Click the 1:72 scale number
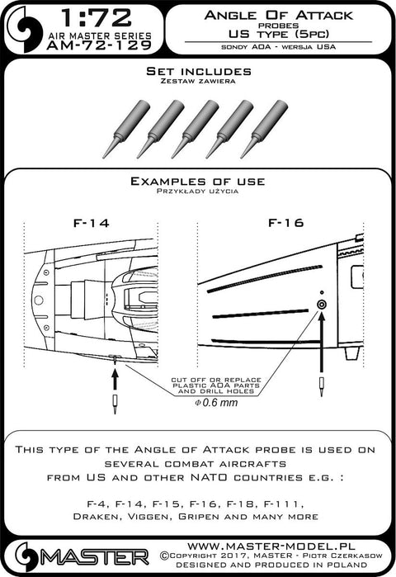[x=96, y=17]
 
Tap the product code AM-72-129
[x=99, y=45]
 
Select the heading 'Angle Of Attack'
[x=278, y=16]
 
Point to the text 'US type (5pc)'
[x=278, y=35]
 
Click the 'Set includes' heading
[x=199, y=71]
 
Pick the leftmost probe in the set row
[x=126, y=129]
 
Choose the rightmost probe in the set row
[x=264, y=129]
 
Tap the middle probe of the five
[x=196, y=129]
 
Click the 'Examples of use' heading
[x=197, y=182]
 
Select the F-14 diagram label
[x=92, y=224]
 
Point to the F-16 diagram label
[x=285, y=223]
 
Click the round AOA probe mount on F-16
[x=322, y=305]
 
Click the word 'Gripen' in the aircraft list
[x=200, y=517]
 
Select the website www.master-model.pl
[x=271, y=546]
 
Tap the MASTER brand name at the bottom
[x=95, y=558]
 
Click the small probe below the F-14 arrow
[x=115, y=404]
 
